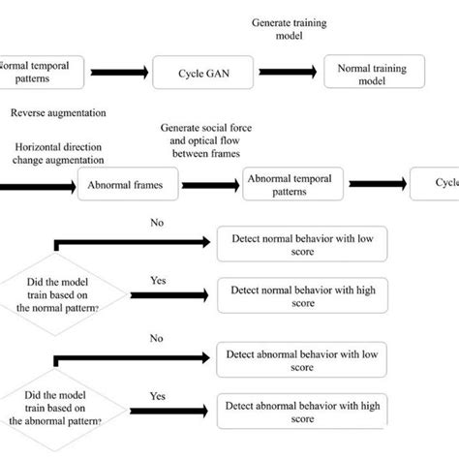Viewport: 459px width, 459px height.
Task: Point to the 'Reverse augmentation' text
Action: (58, 113)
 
